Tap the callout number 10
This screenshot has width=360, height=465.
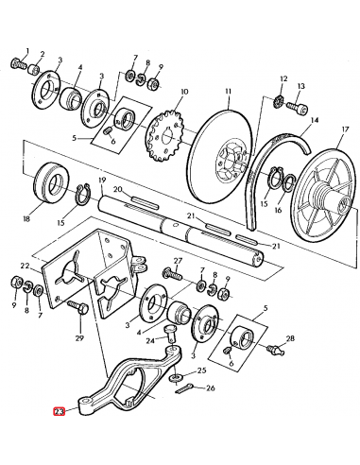coord(184,92)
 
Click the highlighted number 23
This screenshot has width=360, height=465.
coord(60,412)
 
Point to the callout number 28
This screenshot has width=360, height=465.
coord(290,337)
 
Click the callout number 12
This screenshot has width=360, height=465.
coord(283,80)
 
